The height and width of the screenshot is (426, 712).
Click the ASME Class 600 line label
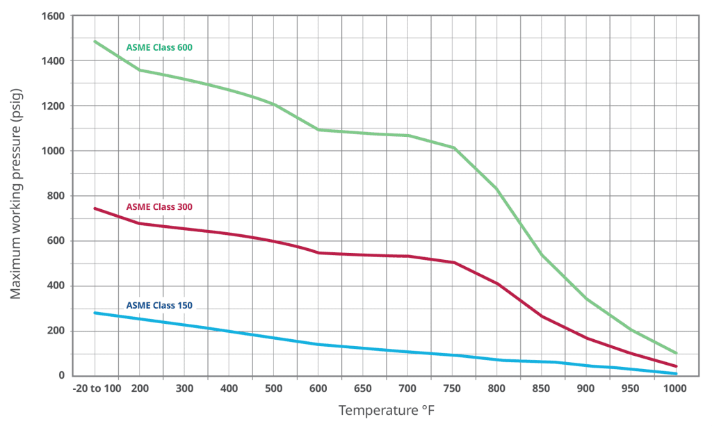(159, 48)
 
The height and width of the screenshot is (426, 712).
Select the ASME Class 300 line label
(159, 207)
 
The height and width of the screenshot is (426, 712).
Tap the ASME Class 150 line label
(159, 305)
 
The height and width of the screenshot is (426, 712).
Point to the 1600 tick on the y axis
(51, 16)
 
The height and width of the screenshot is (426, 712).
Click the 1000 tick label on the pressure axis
(51, 151)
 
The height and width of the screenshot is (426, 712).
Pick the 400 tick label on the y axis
(56, 286)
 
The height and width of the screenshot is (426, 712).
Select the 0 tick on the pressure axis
(61, 376)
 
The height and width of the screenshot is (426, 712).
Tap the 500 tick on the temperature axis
(274, 389)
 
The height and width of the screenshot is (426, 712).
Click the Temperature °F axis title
(386, 411)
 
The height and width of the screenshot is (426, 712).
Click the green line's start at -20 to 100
(95, 42)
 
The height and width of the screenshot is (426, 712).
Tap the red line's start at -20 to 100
(95, 208)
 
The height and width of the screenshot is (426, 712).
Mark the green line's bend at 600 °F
(318, 130)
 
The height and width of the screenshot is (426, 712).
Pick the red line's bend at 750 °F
(453, 262)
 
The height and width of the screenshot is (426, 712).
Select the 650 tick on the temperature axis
(364, 389)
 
